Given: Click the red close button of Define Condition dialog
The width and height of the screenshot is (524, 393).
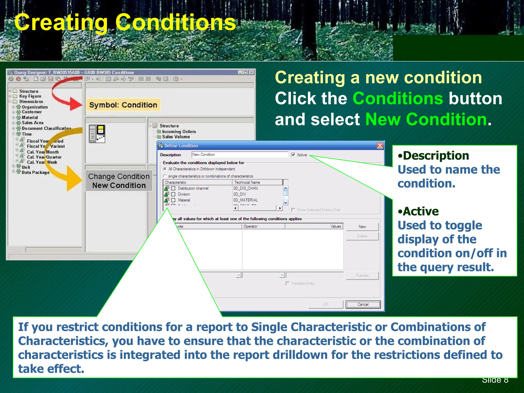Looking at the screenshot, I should click(380, 146).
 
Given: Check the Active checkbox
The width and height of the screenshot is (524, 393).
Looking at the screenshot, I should click(293, 155).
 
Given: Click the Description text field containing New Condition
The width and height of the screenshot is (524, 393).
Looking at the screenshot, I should click(240, 155).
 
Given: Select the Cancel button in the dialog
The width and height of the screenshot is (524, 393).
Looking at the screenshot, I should click(363, 304).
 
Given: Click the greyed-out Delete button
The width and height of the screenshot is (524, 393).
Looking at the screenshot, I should click(362, 236).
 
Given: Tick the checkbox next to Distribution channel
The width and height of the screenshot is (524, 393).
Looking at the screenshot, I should click(173, 188).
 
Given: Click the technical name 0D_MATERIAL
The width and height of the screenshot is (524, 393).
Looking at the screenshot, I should click(245, 200).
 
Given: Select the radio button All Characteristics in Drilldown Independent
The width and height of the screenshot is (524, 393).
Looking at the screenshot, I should click(165, 169).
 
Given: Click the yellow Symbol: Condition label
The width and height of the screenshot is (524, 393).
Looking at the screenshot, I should click(123, 105).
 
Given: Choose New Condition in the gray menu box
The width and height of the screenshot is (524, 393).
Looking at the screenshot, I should click(119, 185).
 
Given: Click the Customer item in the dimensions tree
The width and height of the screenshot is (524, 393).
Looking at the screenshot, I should click(31, 112).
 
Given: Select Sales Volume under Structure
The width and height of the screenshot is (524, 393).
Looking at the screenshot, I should click(176, 137).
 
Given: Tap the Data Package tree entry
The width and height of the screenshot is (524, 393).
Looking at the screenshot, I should click(36, 172).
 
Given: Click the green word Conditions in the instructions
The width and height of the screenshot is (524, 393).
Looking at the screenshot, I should click(398, 99).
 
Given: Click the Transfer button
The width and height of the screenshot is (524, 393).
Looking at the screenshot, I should click(362, 276).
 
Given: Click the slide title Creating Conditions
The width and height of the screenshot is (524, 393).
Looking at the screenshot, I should click(125, 23).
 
